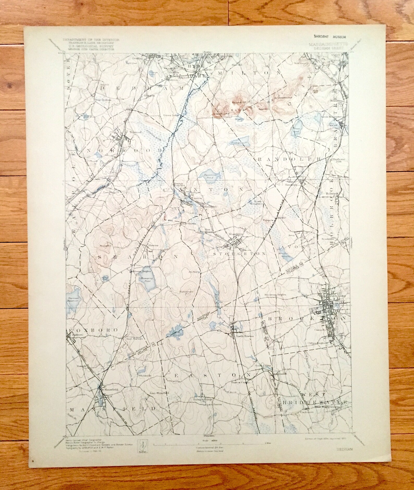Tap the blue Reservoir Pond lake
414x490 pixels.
tap(209, 177)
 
